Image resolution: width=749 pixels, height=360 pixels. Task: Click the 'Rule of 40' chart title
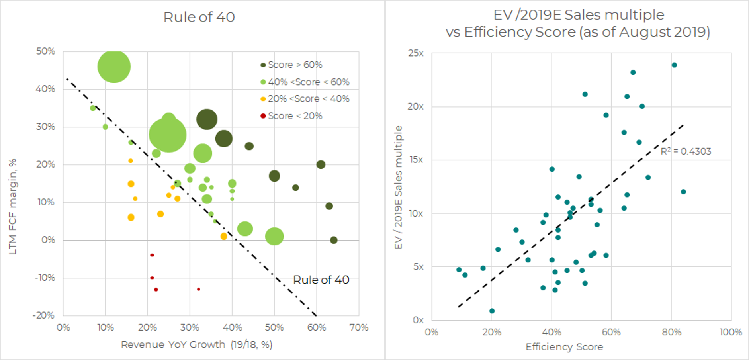(199, 17)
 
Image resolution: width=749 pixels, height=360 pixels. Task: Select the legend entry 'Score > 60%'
(295, 65)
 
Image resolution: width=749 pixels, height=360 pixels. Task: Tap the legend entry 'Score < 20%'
(295, 116)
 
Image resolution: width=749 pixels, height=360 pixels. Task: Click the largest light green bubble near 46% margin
(114, 67)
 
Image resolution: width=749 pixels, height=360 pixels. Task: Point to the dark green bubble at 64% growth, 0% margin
(334, 240)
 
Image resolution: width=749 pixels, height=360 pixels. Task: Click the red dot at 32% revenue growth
(198, 289)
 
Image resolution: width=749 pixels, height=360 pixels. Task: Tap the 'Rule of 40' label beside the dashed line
(321, 280)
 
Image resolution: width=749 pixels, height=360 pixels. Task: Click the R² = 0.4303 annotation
(686, 151)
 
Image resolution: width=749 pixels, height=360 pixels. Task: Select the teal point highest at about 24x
(674, 65)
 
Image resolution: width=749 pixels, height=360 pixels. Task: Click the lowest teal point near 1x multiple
(492, 311)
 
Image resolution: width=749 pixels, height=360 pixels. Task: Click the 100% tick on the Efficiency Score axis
(731, 332)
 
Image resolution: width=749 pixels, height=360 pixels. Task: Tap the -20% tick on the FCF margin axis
(44, 315)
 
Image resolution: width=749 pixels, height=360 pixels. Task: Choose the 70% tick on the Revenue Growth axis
(358, 327)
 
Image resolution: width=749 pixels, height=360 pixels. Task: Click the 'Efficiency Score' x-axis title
(564, 347)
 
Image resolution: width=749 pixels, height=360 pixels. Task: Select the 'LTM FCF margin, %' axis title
(13, 207)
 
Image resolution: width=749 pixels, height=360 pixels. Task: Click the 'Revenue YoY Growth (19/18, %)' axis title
(197, 344)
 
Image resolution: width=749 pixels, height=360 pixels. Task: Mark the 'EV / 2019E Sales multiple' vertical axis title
(398, 187)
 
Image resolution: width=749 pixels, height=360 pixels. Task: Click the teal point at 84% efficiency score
(683, 192)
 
